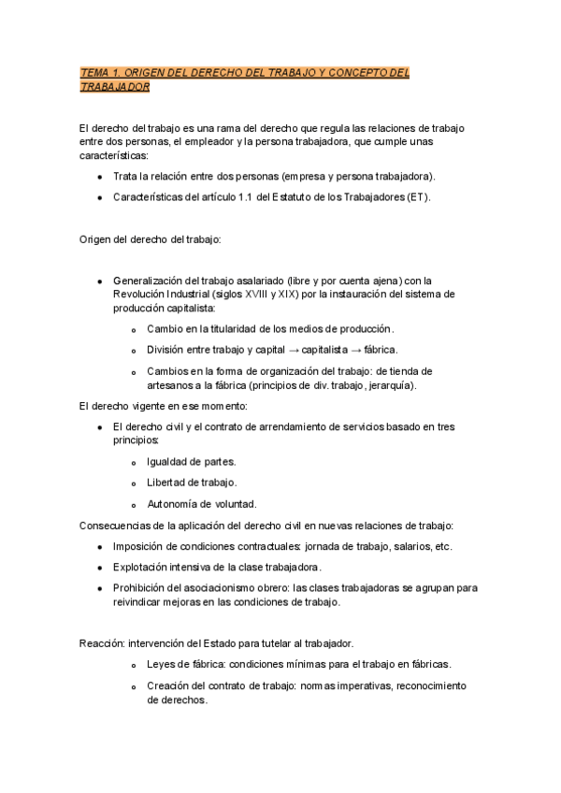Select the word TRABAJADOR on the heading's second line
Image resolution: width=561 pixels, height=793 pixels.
click(115, 87)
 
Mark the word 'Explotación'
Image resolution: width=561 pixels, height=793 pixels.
click(144, 568)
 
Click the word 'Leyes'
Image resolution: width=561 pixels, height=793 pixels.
click(163, 664)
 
